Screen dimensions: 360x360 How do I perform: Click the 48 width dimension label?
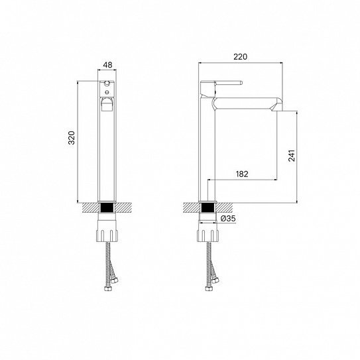click(107, 65)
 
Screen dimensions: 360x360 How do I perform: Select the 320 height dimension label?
click(72, 137)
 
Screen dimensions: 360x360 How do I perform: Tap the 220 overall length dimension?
click(241, 56)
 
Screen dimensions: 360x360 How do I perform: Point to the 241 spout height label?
click(291, 156)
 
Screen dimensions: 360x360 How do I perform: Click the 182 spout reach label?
click(242, 174)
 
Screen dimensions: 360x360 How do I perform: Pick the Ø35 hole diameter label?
click(228, 218)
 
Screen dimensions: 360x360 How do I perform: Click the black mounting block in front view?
click(107, 208)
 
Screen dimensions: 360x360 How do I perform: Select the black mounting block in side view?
click(208, 208)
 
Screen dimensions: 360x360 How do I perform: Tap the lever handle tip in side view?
click(241, 83)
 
